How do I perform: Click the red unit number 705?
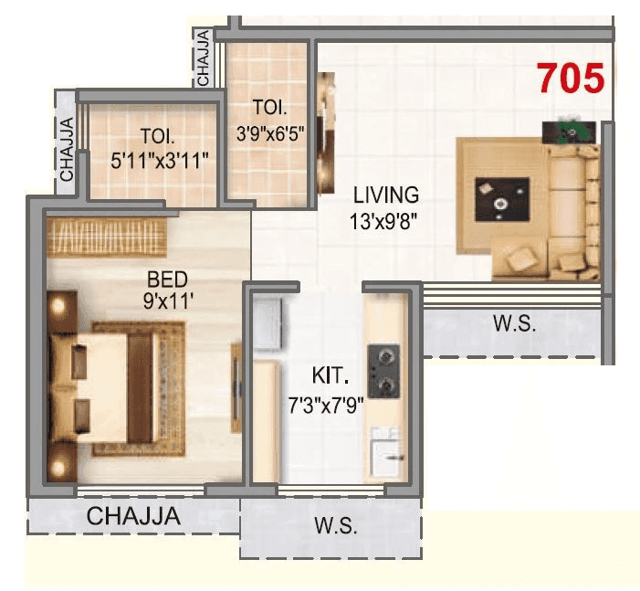[571, 79]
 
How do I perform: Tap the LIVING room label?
[386, 195]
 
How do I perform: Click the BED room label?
[164, 276]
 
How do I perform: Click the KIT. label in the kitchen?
[327, 375]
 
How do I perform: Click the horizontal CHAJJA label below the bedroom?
[133, 516]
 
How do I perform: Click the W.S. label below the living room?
[515, 323]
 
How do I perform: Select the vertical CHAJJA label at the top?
[204, 57]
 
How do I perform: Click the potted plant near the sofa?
[572, 130]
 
